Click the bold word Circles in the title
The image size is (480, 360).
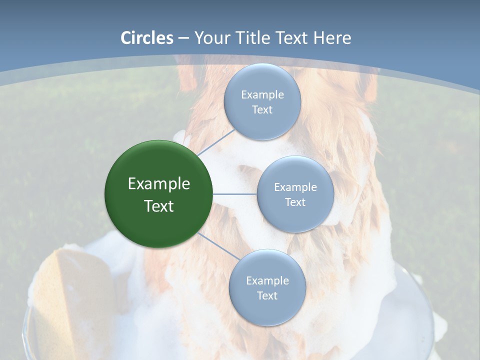tap(146, 38)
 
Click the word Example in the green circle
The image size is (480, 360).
tap(159, 184)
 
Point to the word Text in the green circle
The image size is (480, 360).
tap(159, 206)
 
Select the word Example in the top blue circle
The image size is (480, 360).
tap(262, 95)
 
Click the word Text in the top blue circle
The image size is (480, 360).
tap(262, 110)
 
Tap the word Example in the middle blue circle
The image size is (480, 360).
tap(295, 187)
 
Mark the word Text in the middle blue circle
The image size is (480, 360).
tap(295, 202)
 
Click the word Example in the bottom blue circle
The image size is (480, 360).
tap(267, 281)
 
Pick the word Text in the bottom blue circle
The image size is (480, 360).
tap(267, 296)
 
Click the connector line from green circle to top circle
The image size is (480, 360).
tap(215, 142)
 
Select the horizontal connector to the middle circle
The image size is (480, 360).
tap(235, 194)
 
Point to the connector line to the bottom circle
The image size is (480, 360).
tap(218, 246)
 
